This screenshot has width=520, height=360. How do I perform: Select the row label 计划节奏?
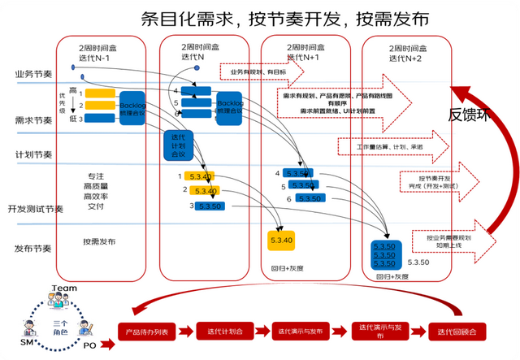[33, 154]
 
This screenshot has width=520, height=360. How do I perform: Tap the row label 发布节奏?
[33, 248]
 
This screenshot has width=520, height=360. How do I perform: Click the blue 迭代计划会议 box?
[175, 145]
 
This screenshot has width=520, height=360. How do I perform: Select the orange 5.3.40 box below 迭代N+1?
[280, 240]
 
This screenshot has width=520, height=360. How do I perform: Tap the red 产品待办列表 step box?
[147, 332]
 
